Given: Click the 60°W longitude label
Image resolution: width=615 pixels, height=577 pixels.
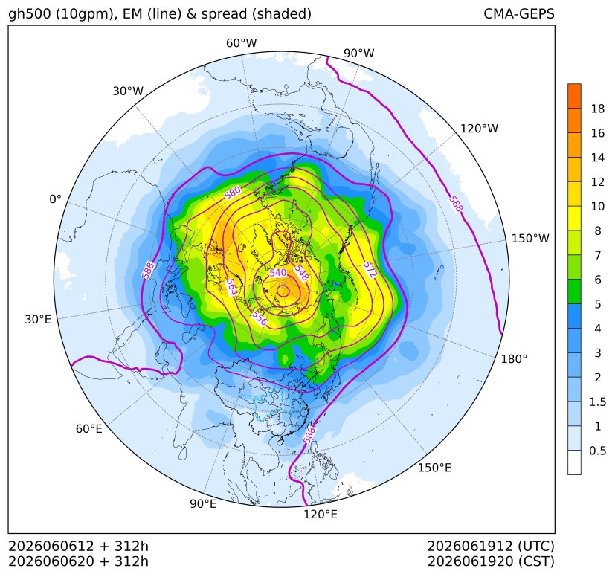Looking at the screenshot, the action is pos(241,43).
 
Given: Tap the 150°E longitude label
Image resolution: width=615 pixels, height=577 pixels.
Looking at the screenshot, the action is pos(434,468).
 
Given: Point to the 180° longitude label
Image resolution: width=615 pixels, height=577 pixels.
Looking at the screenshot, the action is pos(514,359).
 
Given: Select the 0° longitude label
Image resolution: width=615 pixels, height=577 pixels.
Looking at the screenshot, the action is pos(55,199).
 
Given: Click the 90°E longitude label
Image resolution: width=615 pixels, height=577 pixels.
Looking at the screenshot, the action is pos(203,503).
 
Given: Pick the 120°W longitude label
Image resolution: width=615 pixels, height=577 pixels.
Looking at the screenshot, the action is pos(479,129).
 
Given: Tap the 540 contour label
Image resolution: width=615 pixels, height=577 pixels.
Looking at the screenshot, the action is pos(278,272).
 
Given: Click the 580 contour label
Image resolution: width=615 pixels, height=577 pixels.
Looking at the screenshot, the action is pos(233,193).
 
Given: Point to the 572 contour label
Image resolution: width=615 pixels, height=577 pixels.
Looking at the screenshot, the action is pos(370,270).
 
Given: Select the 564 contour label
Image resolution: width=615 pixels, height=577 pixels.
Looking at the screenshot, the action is pos(231,288).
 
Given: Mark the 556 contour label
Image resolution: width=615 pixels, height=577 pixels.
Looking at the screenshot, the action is pos(259,318).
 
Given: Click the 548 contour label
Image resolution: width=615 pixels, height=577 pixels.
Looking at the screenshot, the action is pos(302,273).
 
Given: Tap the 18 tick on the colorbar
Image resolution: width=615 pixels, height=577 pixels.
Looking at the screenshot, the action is pos(598,109).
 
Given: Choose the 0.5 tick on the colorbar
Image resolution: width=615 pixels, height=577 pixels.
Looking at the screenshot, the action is pos(597,451).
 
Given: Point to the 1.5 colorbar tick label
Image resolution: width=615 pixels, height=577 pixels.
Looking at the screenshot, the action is pos(597,402).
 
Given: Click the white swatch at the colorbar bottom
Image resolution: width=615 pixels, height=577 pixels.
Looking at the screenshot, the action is pos(574,462).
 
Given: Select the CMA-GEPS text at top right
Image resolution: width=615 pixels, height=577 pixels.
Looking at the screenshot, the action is pos(519,13).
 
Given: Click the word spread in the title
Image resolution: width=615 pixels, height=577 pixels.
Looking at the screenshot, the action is pos(224,14).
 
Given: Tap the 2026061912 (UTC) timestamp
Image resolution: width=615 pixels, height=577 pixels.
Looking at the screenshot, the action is pos(491,546).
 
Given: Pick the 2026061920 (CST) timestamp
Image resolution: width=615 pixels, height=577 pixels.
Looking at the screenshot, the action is pos(491,561).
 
